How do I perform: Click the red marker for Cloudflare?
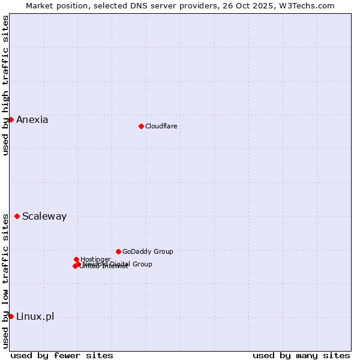141,126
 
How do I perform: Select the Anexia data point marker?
11,119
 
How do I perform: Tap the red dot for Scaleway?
17,216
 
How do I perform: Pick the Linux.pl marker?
11,316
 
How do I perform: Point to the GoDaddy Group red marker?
118,251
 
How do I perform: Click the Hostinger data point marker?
76,259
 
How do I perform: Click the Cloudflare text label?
161,126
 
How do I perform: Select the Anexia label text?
32,119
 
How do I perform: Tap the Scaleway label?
44,217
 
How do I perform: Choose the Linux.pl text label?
35,317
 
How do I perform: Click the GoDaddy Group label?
148,251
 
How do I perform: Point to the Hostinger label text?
95,259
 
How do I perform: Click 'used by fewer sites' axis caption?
62,355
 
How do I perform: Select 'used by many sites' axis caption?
301,355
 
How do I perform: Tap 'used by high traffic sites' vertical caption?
5,85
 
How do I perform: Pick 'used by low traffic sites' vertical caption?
5,281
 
